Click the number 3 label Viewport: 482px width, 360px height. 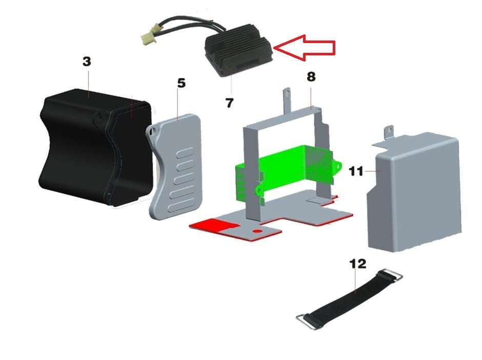pos(87,62)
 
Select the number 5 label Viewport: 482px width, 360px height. pos(182,83)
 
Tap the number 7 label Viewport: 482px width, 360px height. pos(229,103)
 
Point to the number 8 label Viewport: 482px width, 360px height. pos(311,76)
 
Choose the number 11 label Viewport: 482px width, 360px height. pos(356,171)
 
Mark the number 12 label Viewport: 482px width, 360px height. pos(358,264)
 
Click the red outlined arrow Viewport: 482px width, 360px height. pos(304,48)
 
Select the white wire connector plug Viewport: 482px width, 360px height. pos(149,36)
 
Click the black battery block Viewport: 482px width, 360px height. pos(96,148)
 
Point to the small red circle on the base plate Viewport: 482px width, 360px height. pos(257,231)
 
